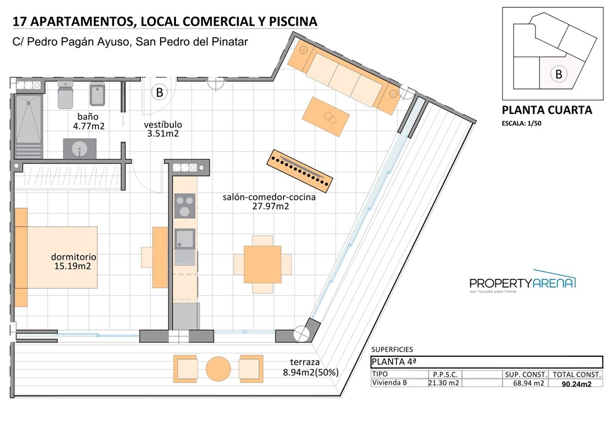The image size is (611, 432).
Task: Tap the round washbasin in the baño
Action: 79,149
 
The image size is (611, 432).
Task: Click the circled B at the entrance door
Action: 159,92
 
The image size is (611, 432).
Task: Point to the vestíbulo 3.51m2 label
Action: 163,129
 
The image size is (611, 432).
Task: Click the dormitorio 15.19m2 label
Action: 73,261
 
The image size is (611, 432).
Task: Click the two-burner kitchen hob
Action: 184,206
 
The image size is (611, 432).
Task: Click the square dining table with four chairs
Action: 263,264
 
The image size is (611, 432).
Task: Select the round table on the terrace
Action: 218,369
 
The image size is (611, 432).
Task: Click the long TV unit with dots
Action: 300,171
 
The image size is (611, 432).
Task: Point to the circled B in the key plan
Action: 558,75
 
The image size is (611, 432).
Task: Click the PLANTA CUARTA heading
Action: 547,110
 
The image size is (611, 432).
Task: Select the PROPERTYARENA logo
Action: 523,283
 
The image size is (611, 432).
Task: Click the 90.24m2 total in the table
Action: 576,384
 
